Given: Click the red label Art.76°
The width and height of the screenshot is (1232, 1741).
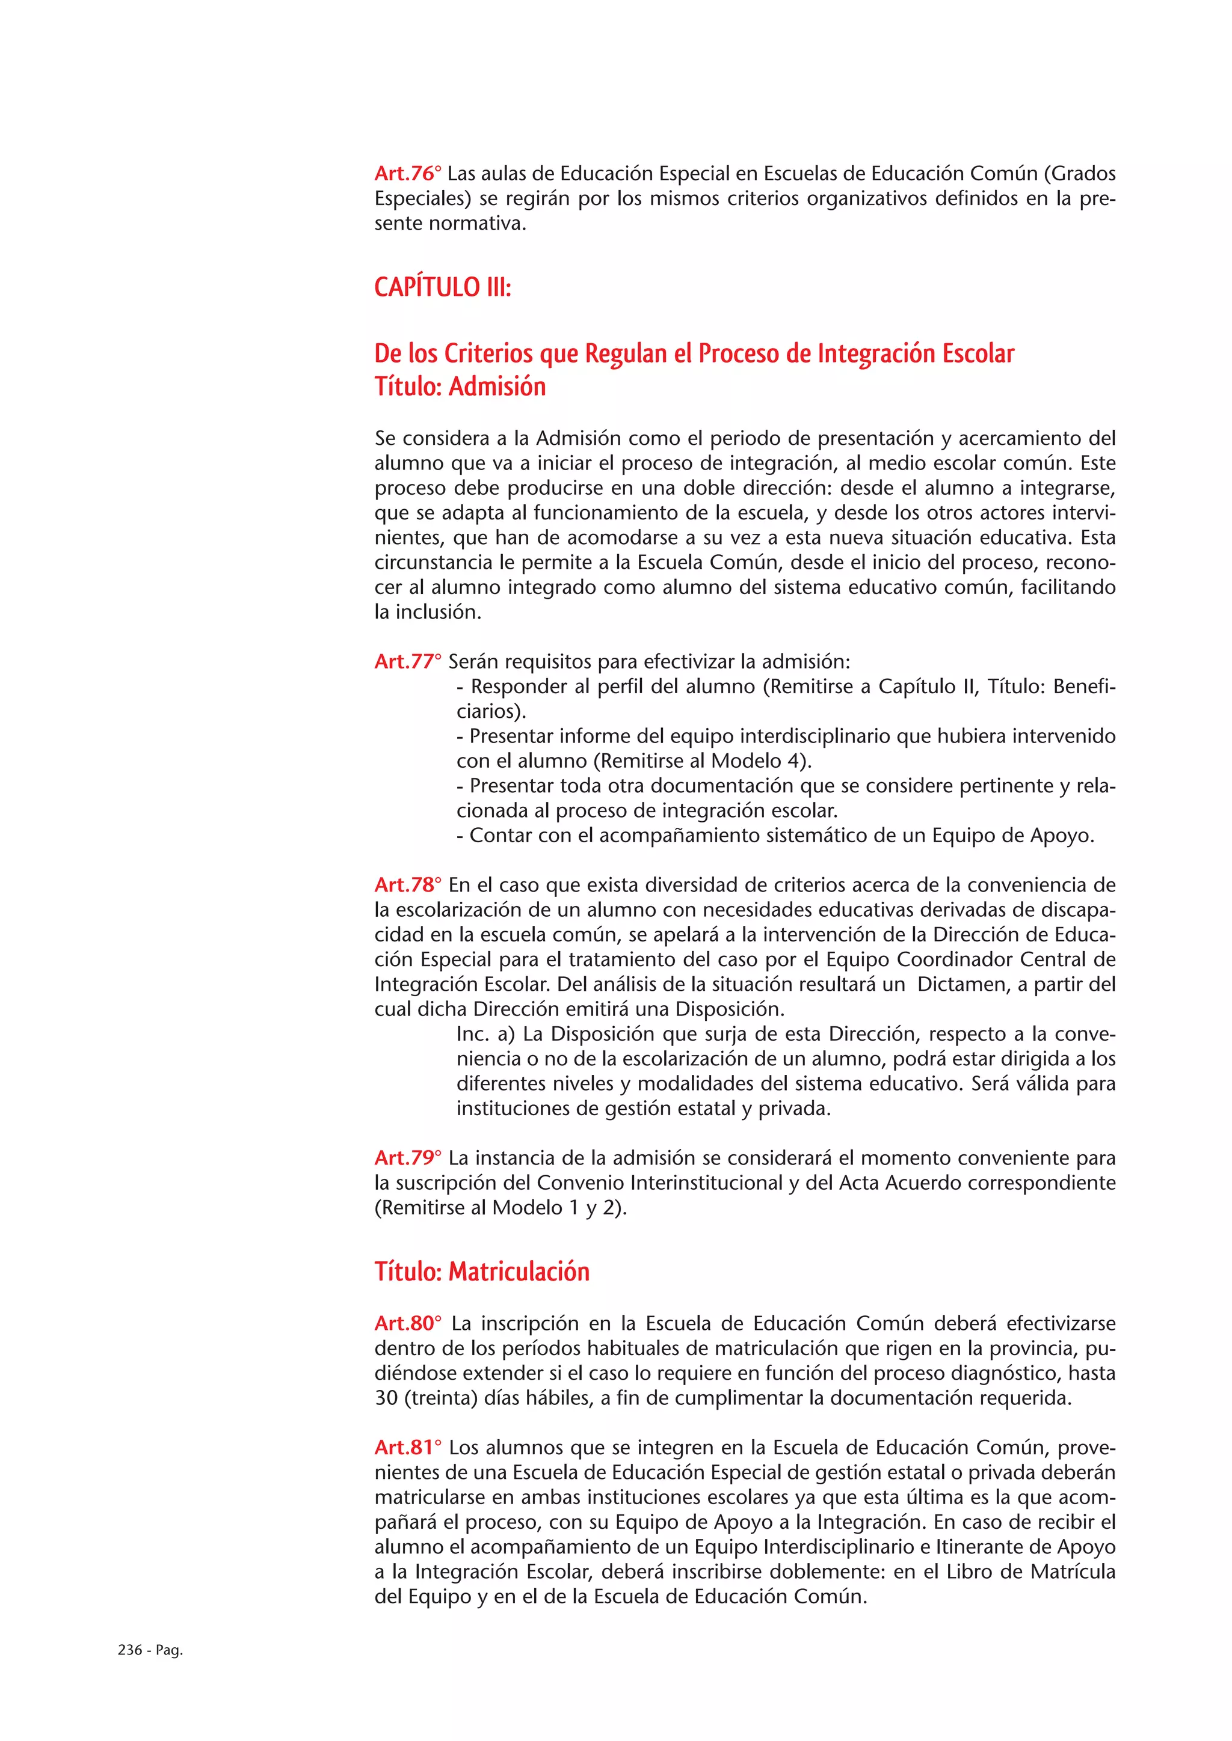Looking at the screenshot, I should pos(407,174).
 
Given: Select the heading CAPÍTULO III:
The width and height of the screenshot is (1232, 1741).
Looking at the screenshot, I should pos(442,287).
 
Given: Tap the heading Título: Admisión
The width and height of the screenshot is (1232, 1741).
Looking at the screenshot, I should pos(460,387).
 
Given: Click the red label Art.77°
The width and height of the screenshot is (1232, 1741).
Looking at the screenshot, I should pos(407,661).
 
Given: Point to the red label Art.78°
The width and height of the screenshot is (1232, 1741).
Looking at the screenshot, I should pos(407,885).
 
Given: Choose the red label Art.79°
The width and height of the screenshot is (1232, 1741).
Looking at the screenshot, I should pos(407,1158).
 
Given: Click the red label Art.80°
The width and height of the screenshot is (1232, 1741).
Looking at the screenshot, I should pos(407,1323).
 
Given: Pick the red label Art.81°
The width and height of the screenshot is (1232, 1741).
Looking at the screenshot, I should pos(407,1448).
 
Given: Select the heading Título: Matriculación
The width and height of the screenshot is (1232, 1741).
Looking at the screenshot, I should pos(482,1271).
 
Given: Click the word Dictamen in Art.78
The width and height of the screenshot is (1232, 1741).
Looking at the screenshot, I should pos(961,984).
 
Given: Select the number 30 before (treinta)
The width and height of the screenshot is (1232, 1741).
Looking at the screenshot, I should pos(386,1398).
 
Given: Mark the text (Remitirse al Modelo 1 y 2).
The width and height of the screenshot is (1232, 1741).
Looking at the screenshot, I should pos(500,1208).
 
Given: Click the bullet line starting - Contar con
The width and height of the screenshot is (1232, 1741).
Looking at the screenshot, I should pos(775,836).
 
